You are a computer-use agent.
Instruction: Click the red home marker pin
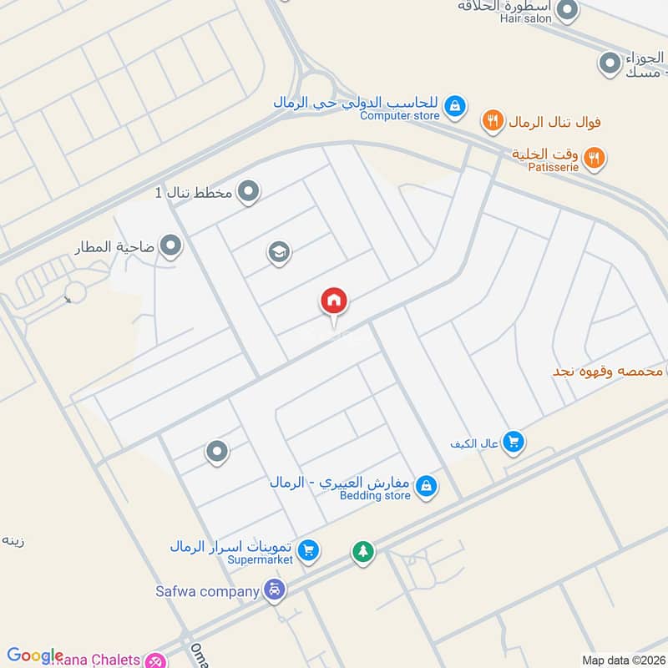click(334, 301)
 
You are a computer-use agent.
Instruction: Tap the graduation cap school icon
click(279, 251)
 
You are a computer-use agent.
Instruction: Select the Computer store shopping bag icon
click(455, 105)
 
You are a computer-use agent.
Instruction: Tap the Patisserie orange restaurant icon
click(595, 157)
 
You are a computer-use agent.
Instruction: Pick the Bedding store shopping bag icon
click(426, 486)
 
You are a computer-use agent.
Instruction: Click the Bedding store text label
click(375, 495)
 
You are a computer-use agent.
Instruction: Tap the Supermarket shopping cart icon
click(308, 549)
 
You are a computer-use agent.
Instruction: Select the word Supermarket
click(261, 559)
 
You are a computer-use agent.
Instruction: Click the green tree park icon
click(362, 552)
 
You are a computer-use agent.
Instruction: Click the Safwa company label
click(207, 591)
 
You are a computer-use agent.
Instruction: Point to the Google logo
click(35, 656)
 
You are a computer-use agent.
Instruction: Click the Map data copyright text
click(623, 660)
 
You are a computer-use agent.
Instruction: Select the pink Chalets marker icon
click(154, 660)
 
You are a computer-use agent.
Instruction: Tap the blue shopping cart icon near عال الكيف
click(514, 443)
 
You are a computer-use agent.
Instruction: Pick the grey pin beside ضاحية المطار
click(171, 246)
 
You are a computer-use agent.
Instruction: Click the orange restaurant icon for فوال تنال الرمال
click(493, 122)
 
